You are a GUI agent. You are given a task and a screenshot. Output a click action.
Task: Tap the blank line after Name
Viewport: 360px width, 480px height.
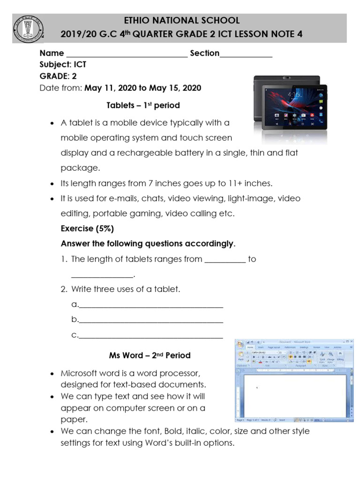tap(127, 54)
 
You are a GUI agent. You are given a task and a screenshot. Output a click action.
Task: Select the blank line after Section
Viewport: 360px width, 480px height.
tap(246, 54)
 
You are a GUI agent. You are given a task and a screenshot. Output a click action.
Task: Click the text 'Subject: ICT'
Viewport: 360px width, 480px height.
tap(63, 65)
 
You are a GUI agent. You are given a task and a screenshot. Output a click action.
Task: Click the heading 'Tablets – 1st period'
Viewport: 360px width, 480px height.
tap(143, 105)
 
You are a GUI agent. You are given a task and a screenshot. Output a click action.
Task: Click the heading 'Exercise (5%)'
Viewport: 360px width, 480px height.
tap(87, 229)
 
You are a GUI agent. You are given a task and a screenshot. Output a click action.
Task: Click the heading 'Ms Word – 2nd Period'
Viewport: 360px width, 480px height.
tap(150, 356)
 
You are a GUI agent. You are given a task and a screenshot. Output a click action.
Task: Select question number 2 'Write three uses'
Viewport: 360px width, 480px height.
tap(125, 290)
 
